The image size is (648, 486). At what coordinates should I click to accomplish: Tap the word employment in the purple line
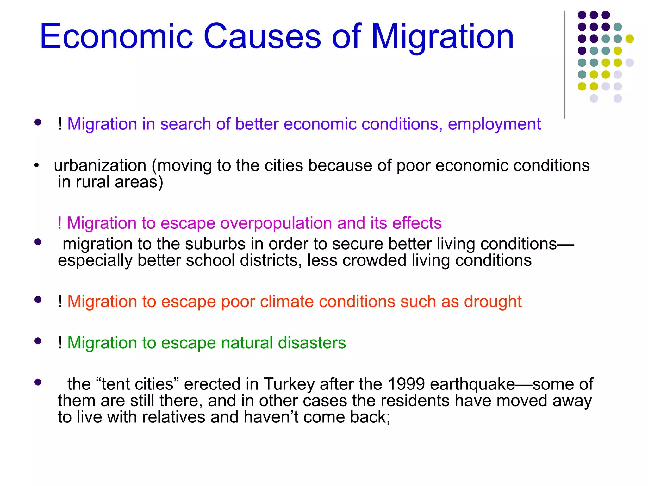coord(494,124)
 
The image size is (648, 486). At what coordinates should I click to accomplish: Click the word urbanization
coord(100,165)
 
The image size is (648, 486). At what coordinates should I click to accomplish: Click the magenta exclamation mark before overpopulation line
coord(59,223)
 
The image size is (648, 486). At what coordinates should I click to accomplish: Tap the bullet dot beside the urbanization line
coord(37,165)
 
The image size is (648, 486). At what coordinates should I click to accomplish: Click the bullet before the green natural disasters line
coord(38,341)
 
